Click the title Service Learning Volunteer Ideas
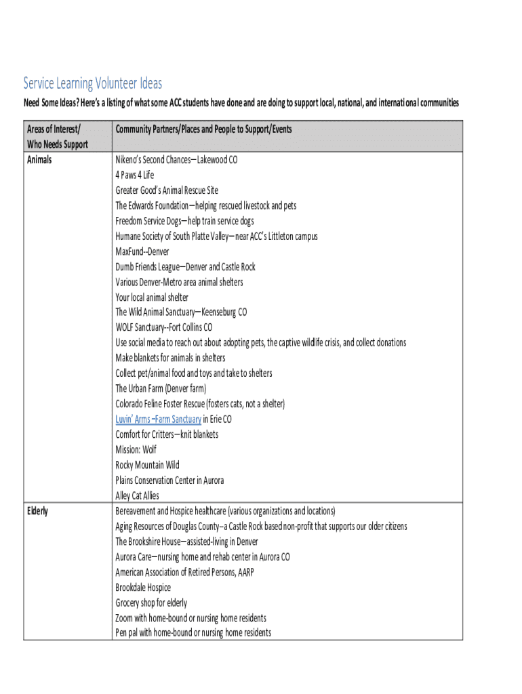pyautogui.click(x=93, y=83)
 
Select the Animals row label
pyautogui.click(x=39, y=160)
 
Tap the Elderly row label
pyautogui.click(x=37, y=511)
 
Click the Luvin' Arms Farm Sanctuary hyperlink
pyautogui.click(x=158, y=420)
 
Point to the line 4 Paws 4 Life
pyautogui.click(x=135, y=175)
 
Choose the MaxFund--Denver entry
pyautogui.click(x=142, y=251)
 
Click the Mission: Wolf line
pyautogui.click(x=136, y=450)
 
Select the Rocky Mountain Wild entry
pyautogui.click(x=147, y=465)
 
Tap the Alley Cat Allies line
pyautogui.click(x=137, y=495)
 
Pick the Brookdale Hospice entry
pyautogui.click(x=143, y=588)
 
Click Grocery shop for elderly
pyautogui.click(x=151, y=603)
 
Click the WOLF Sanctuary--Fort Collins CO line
pyautogui.click(x=163, y=327)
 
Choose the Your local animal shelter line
pyautogui.click(x=152, y=298)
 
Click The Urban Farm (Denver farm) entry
pyautogui.click(x=161, y=388)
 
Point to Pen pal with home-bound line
pyautogui.click(x=193, y=633)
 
